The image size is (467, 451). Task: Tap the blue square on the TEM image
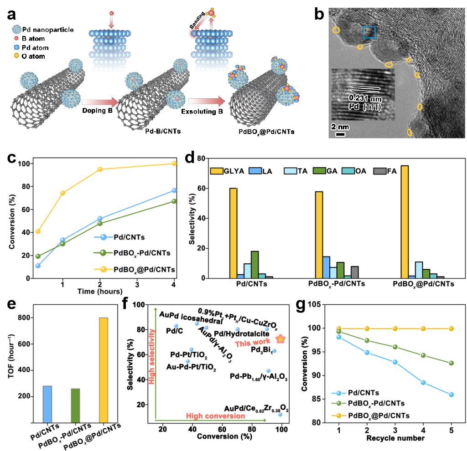(369, 32)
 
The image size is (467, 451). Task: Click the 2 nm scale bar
(340, 134)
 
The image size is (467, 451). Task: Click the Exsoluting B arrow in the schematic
(207, 100)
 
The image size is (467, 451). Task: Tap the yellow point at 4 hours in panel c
(174, 164)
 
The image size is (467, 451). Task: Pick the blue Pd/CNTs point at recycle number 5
(451, 395)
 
